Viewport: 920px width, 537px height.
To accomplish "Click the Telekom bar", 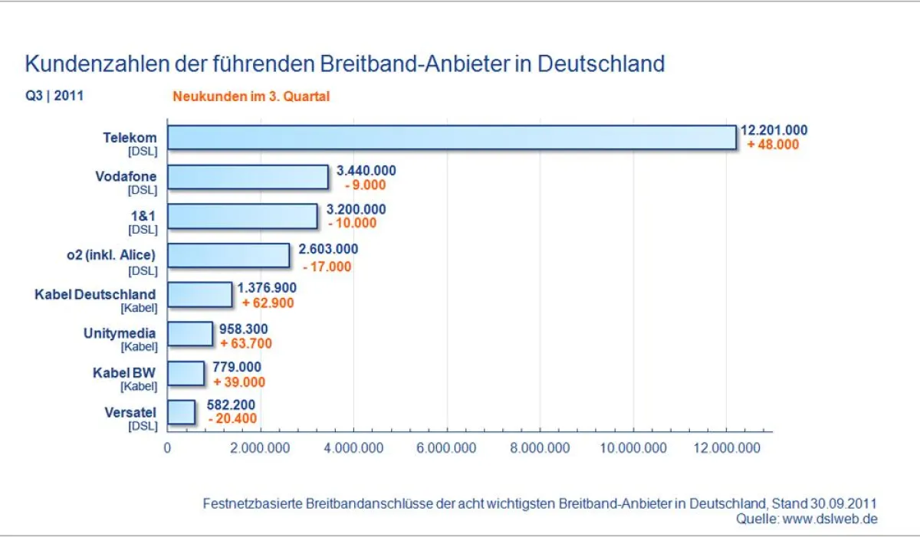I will tap(452, 137).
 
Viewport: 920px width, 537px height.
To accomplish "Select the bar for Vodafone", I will tap(248, 177).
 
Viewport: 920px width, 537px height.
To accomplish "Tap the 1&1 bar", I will tap(242, 216).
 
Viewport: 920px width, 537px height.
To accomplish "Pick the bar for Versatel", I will tap(182, 412).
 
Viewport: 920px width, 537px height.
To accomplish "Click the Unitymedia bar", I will tap(190, 334).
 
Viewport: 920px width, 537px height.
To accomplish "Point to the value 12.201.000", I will tap(773, 131).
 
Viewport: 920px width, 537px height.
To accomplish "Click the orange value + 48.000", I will tap(773, 145).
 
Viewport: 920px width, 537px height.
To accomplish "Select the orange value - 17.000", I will tap(327, 267).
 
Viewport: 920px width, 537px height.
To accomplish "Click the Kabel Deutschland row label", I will tap(95, 294).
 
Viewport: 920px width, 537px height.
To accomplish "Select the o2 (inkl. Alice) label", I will tap(110, 255).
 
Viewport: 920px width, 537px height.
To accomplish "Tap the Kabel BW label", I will tap(123, 372).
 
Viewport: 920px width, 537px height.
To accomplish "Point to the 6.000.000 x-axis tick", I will tap(447, 448).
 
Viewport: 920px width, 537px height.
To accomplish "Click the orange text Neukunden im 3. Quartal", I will tap(251, 97).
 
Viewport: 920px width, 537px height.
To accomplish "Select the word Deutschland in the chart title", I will tap(601, 63).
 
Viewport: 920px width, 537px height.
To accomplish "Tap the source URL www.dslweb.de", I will tap(830, 519).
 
